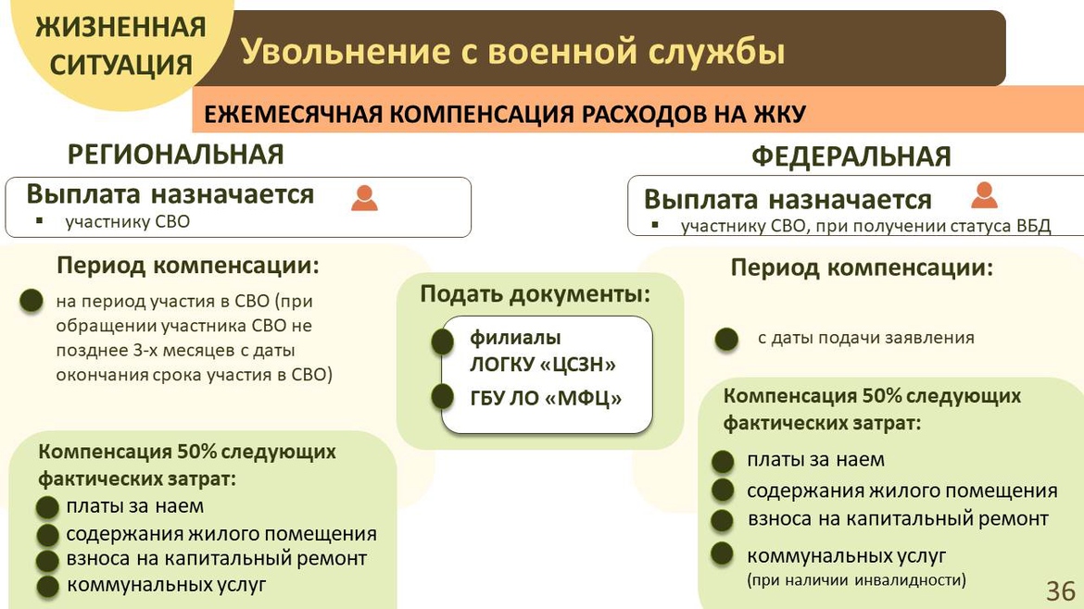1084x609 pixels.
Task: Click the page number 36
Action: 1061,591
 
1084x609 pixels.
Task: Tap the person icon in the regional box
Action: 364,198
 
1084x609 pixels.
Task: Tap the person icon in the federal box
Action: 984,194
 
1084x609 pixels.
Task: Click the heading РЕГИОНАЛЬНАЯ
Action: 176,155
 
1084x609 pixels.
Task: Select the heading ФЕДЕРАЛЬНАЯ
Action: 851,156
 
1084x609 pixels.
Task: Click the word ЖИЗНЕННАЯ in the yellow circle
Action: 121,28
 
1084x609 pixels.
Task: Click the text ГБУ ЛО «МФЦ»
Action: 546,398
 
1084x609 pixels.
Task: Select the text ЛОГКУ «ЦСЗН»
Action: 543,364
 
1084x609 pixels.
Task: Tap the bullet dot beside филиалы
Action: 443,342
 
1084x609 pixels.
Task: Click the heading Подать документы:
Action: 536,294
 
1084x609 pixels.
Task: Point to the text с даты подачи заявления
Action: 865,338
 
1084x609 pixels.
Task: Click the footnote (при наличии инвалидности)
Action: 856,579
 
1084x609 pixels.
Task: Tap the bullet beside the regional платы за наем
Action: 47,507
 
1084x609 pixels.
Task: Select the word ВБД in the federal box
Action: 1034,226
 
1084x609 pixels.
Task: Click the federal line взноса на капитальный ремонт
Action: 898,518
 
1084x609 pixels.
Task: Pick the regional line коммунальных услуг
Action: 166,585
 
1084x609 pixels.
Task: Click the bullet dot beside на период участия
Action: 32,301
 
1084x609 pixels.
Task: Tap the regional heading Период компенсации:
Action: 188,265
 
